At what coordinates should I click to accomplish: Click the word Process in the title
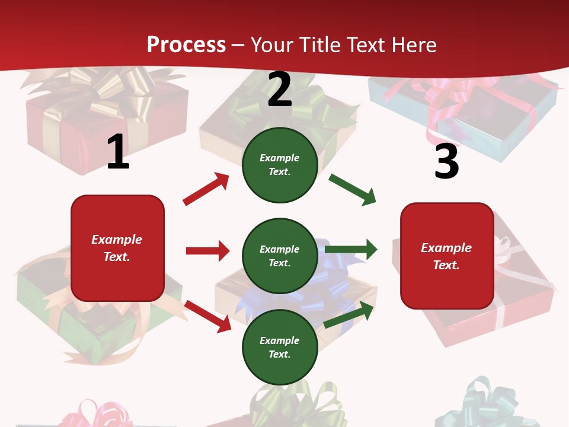[x=186, y=44]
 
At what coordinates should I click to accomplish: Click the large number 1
[x=118, y=152]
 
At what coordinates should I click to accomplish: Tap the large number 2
[x=280, y=90]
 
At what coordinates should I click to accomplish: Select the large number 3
[x=446, y=162]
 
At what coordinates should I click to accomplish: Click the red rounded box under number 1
[x=117, y=248]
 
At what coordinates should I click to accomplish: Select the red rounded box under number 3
[x=447, y=256]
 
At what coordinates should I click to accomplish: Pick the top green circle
[x=280, y=165]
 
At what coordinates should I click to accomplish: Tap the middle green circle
[x=280, y=256]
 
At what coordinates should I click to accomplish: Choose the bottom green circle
[x=280, y=347]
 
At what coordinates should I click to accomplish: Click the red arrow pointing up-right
[x=206, y=189]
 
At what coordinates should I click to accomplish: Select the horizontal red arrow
[x=207, y=251]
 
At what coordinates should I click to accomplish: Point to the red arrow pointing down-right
[x=207, y=316]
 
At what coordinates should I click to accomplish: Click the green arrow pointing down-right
[x=353, y=190]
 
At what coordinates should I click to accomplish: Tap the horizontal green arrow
[x=351, y=250]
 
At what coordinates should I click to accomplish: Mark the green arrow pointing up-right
[x=349, y=314]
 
